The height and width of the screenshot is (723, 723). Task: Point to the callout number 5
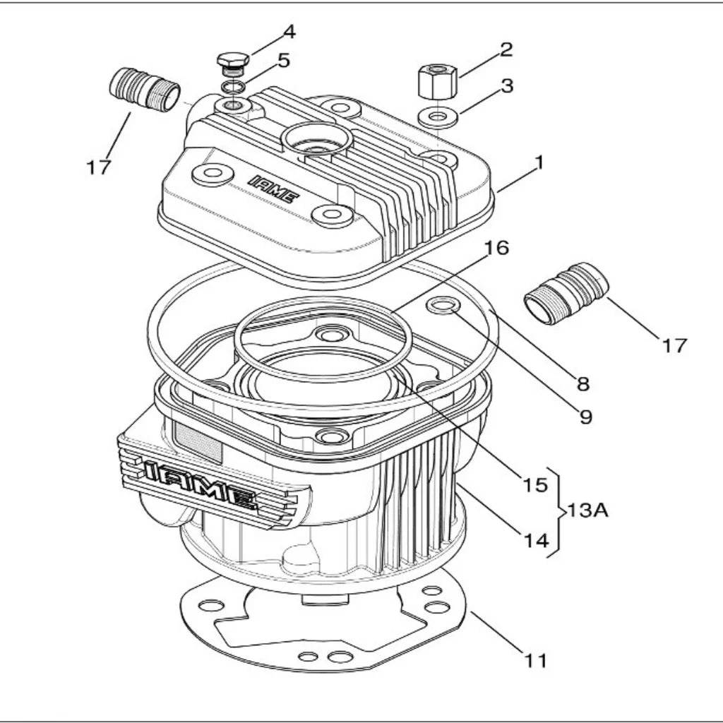point(283,61)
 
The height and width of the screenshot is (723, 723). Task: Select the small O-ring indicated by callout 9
point(444,306)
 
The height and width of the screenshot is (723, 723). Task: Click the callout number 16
point(497,248)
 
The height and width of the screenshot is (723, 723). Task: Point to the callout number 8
point(582,384)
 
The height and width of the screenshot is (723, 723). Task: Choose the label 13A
point(588,509)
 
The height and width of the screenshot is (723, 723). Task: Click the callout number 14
point(535,541)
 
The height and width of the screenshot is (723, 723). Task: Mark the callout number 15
point(535,485)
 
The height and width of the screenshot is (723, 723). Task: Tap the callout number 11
point(535,661)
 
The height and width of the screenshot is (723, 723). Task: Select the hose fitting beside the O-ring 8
point(566,292)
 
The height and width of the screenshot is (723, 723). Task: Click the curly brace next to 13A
point(558,510)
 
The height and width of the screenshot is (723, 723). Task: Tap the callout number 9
point(585,417)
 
